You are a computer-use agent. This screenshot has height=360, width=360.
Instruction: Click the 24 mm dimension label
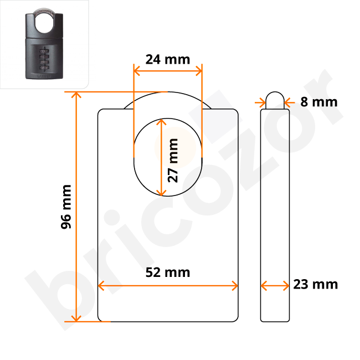point(167,59)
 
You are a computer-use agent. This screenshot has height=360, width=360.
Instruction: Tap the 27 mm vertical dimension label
point(173,160)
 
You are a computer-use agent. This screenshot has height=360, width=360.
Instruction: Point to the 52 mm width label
point(167,272)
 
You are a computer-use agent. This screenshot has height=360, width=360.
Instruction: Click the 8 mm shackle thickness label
point(318,101)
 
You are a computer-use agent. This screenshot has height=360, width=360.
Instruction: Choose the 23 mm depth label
point(315,285)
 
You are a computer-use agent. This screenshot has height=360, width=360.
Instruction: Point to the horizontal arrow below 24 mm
point(167,71)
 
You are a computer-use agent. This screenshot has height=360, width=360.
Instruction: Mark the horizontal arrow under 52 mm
point(167,286)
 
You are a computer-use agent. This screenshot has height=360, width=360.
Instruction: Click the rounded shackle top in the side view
point(275,98)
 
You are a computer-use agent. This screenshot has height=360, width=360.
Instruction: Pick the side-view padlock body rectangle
point(275,213)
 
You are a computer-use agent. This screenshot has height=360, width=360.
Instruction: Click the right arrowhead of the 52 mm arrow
point(235,286)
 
